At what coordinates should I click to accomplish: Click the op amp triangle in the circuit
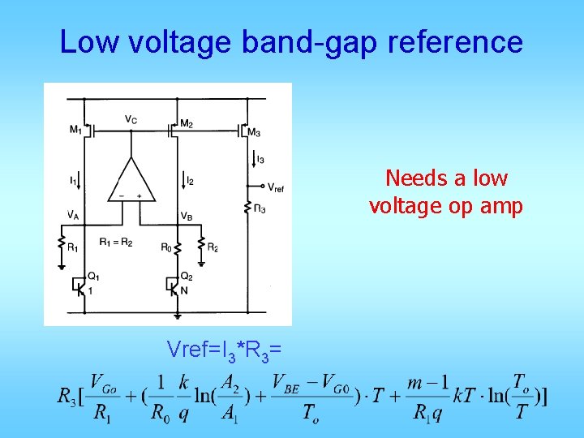point(131,179)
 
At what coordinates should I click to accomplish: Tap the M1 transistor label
point(75,129)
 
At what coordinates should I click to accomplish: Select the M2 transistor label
point(186,123)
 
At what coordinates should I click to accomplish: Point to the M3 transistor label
point(254,131)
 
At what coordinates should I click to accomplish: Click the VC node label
point(130,119)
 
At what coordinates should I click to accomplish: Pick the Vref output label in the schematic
point(275,187)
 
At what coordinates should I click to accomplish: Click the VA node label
point(74,215)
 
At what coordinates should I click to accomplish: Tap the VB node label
point(186,216)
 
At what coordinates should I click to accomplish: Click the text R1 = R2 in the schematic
point(116,243)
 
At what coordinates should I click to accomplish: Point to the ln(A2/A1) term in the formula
point(234,398)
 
